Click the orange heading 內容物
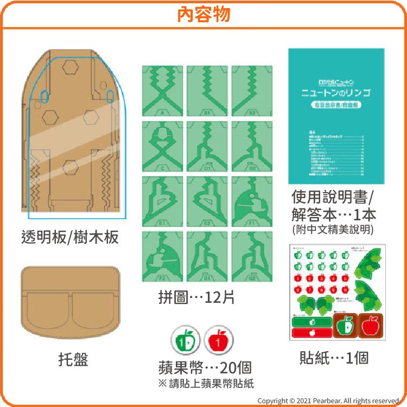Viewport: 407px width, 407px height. tap(203, 14)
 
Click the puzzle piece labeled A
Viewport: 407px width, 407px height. tap(162, 91)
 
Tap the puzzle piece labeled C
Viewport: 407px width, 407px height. tap(162, 146)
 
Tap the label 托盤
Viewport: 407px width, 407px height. tap(73, 359)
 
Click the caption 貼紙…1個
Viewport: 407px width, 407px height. tap(334, 358)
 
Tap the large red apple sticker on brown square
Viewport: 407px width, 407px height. tap(371, 326)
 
